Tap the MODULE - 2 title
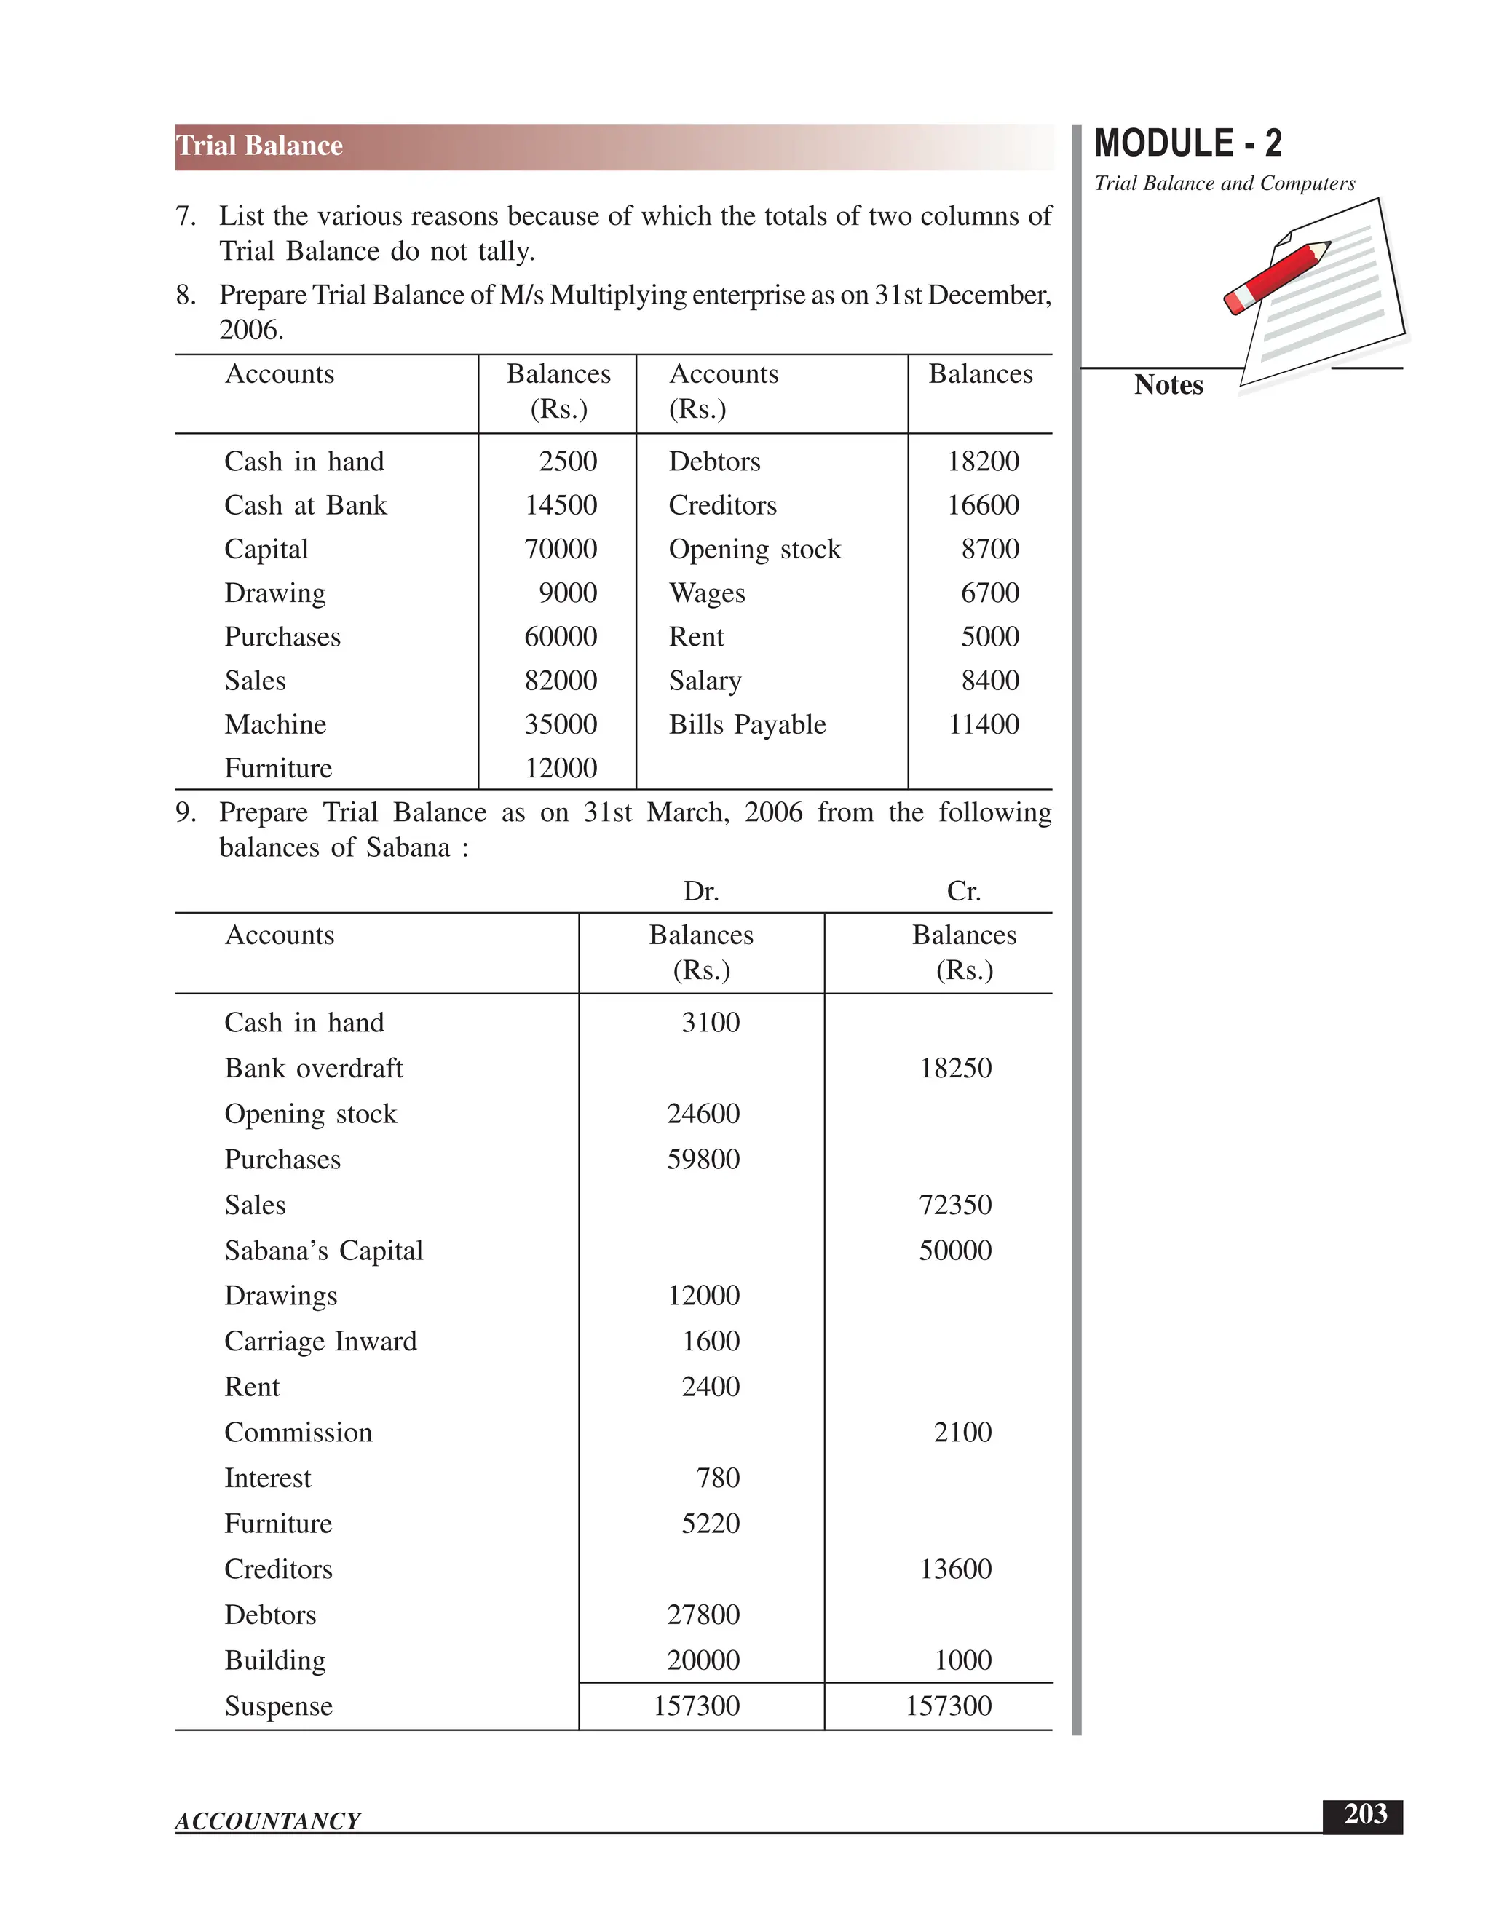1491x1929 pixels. (1187, 143)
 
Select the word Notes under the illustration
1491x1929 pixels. (1168, 385)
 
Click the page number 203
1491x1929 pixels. (1365, 1814)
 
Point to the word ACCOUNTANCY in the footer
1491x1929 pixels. (268, 1821)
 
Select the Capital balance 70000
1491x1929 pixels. (560, 550)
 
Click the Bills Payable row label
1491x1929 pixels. (746, 724)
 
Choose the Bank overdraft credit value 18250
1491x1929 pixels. (955, 1068)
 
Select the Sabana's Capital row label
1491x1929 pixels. (323, 1251)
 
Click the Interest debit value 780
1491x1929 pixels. (717, 1478)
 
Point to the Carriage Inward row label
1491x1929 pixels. (320, 1342)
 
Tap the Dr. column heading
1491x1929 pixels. (700, 891)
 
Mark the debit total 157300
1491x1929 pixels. (696, 1706)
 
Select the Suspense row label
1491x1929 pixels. (278, 1706)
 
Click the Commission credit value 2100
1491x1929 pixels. (962, 1432)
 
